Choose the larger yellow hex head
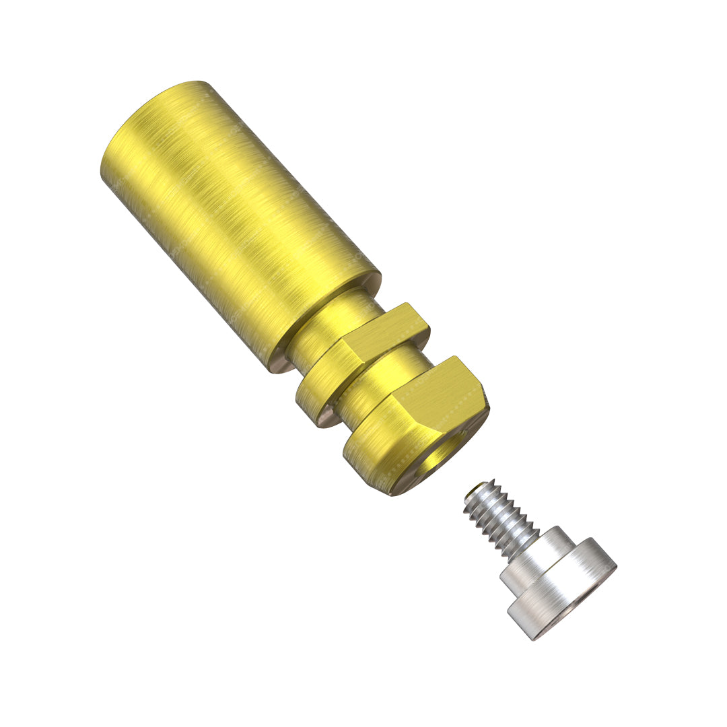click(x=417, y=424)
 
